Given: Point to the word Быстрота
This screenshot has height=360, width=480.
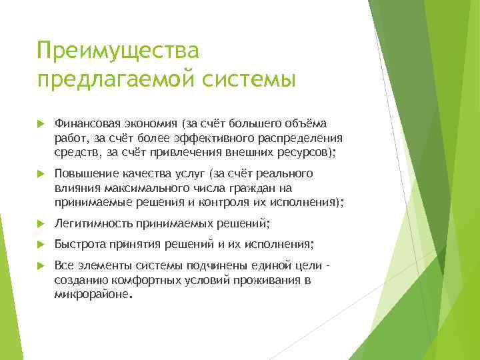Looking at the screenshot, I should tap(79, 244).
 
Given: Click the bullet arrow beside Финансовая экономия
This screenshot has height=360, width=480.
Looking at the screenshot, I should tap(41, 124).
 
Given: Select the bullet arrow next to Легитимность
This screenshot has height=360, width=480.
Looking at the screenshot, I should tap(41, 223).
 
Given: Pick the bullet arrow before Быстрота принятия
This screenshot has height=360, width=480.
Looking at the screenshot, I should tap(41, 244).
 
